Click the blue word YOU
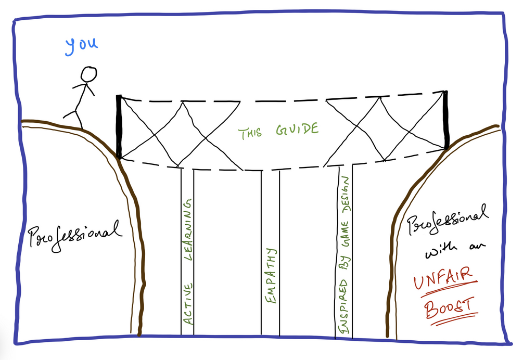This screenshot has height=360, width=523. point(81,46)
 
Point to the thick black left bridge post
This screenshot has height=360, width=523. point(119,127)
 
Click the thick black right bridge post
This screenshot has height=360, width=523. point(447,120)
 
